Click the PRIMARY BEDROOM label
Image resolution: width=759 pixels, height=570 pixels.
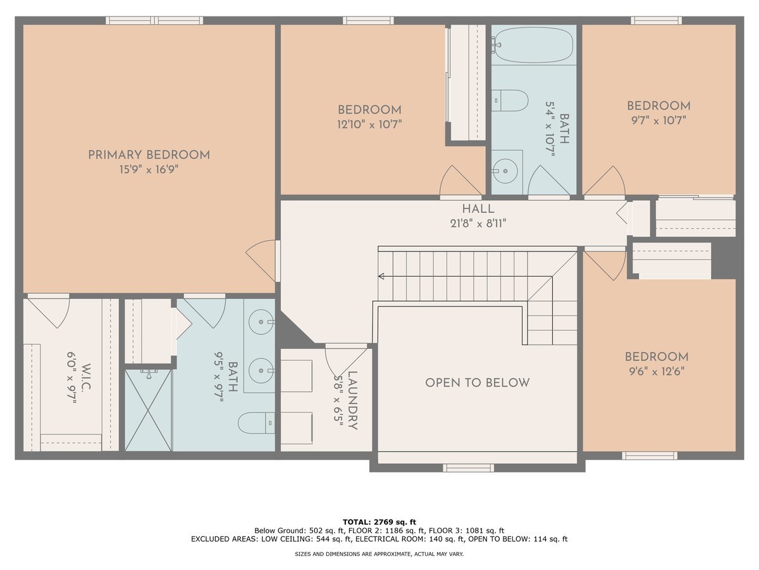(149, 155)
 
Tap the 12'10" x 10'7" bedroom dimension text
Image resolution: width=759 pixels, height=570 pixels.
(369, 125)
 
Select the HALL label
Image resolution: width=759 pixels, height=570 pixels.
(478, 209)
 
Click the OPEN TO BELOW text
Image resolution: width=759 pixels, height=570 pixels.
(478, 383)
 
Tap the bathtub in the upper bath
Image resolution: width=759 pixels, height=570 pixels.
(534, 45)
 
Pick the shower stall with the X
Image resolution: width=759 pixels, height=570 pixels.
(148, 410)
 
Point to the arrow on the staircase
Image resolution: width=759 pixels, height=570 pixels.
(381, 276)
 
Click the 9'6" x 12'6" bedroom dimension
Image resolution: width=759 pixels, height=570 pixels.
(656, 372)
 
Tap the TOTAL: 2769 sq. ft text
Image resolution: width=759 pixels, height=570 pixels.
(379, 521)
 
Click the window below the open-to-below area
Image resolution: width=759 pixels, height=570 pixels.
(468, 468)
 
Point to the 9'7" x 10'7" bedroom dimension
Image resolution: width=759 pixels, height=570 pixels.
(658, 120)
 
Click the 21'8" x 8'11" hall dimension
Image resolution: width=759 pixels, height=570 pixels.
(478, 223)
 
